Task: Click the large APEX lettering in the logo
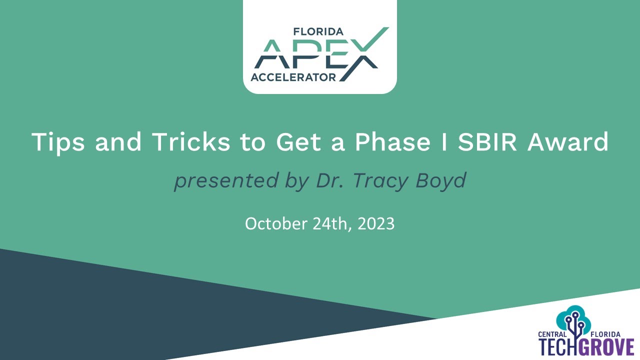tap(315, 55)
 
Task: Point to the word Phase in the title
tap(392, 142)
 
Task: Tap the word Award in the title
tap(568, 142)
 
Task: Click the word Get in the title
tap(297, 142)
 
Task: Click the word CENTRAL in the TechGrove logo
tap(552, 334)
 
